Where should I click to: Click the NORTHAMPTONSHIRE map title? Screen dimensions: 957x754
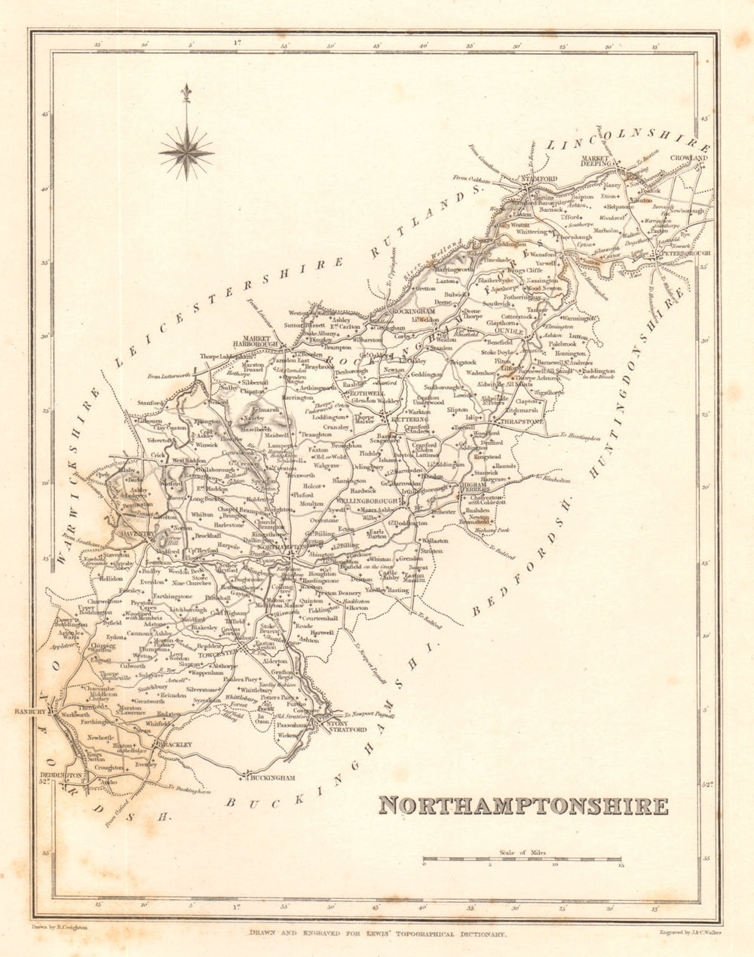click(523, 805)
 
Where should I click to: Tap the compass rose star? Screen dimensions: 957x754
click(186, 152)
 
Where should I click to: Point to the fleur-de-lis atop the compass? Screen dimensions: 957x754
click(186, 94)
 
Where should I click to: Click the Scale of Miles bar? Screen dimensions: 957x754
click(522, 859)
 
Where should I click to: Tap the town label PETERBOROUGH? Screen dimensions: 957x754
click(686, 253)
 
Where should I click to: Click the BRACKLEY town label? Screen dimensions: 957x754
click(173, 744)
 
